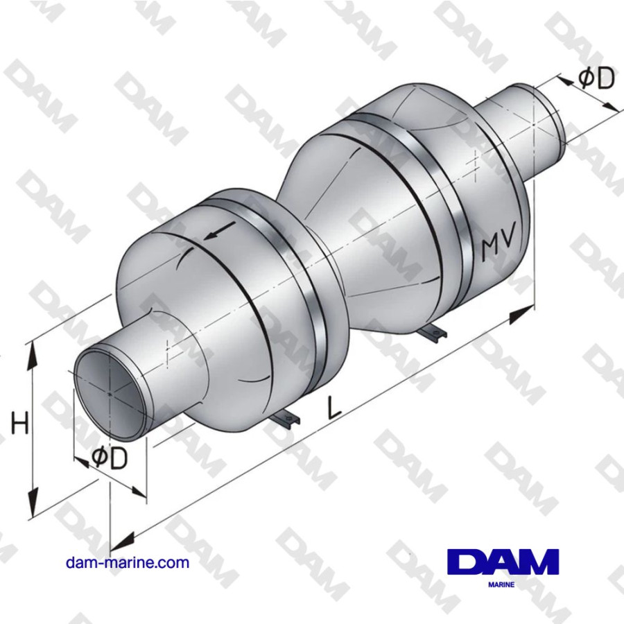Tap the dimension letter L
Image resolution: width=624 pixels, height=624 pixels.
[x=335, y=408]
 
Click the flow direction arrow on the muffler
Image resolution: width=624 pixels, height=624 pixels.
[x=216, y=232]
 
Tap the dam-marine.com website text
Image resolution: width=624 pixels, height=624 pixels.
[x=127, y=562]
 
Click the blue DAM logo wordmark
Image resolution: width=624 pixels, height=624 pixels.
[x=503, y=562]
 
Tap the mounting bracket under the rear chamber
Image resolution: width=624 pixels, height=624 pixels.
[x=432, y=333]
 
